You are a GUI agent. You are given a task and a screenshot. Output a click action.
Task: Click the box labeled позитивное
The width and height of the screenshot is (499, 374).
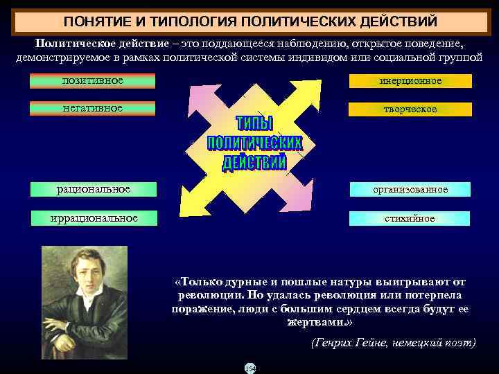coord(93,81)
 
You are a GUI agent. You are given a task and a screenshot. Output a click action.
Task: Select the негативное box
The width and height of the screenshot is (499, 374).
coord(93,108)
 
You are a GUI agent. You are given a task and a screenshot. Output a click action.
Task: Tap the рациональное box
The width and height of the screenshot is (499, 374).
coord(93,188)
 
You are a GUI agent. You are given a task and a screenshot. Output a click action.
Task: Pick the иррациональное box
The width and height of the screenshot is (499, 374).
coord(93,218)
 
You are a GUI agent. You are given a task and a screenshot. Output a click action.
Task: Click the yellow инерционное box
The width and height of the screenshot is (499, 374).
coord(410,81)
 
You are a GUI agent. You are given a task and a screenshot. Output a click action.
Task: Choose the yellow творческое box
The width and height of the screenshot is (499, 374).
coord(410,109)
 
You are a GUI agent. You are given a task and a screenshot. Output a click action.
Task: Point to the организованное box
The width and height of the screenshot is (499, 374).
coord(410,189)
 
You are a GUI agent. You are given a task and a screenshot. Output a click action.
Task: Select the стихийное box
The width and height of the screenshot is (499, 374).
coord(410,218)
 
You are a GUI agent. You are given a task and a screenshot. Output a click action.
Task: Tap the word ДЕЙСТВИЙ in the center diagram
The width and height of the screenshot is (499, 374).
coord(254,163)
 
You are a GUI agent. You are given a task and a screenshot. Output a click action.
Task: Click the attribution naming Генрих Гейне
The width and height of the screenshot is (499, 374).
coord(393,343)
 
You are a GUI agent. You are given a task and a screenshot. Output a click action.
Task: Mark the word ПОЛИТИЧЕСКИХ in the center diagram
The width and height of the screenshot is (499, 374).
coord(254,143)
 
